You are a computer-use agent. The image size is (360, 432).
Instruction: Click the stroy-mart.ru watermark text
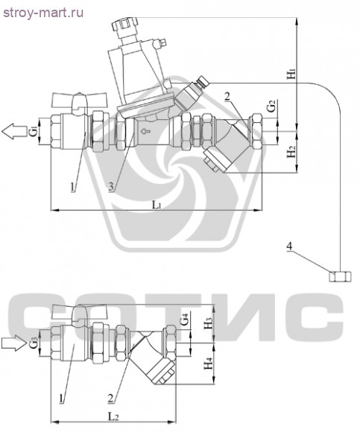tap(43, 13)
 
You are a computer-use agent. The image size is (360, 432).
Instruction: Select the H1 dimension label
tap(291, 74)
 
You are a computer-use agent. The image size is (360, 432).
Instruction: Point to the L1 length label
tap(157, 204)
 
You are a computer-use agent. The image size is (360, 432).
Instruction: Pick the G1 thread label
tap(33, 131)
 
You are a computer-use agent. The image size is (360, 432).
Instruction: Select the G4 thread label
tap(184, 321)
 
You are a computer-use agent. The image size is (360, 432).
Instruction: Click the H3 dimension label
tap(209, 323)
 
